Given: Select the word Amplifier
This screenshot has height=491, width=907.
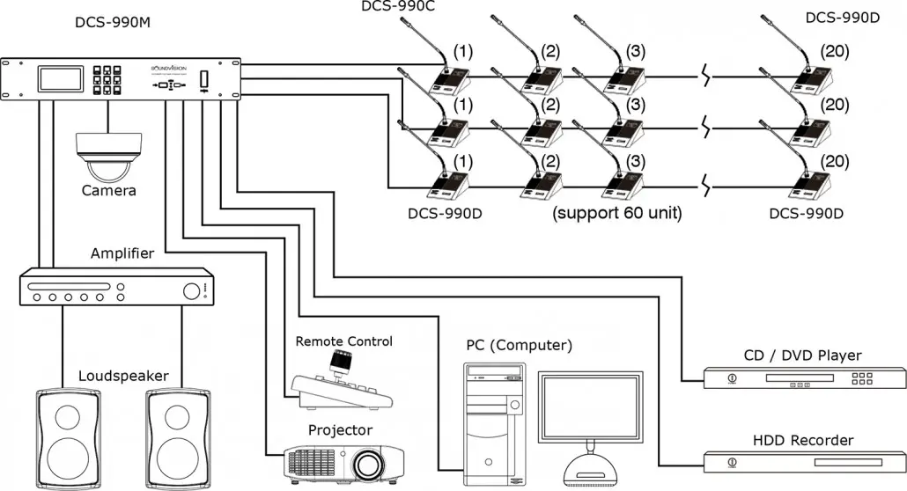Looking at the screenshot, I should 122,253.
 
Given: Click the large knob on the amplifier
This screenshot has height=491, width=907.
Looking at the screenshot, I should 189,289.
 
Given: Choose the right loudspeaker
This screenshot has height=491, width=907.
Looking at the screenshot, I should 177,437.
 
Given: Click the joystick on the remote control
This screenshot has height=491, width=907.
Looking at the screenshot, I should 339,362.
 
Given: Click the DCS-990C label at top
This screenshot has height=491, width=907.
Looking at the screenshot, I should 398,7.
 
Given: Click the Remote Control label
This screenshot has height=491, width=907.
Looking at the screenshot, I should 344,341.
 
